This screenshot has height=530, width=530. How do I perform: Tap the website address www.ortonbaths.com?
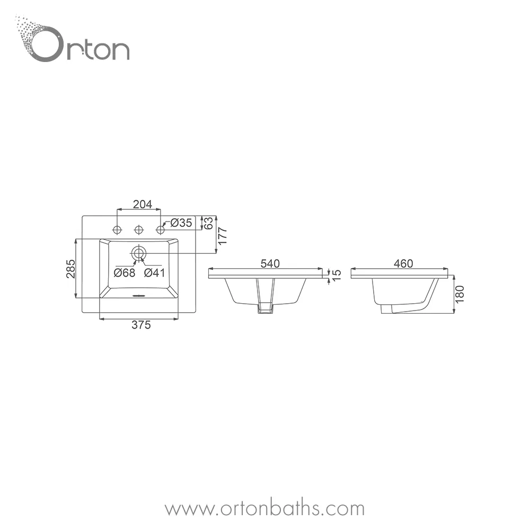264,509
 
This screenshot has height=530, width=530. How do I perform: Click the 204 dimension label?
142,204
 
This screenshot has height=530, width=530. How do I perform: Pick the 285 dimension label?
71,268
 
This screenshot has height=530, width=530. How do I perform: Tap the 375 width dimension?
141,325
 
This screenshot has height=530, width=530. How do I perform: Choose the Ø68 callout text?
125,272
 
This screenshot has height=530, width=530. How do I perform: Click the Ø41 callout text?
155,272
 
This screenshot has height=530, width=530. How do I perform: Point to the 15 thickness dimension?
337,275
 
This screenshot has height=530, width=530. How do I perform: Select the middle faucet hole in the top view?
139,230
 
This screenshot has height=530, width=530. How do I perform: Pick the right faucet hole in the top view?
160,230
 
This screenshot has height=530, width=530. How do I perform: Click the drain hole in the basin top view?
139,253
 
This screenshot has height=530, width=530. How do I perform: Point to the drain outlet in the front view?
265,309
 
